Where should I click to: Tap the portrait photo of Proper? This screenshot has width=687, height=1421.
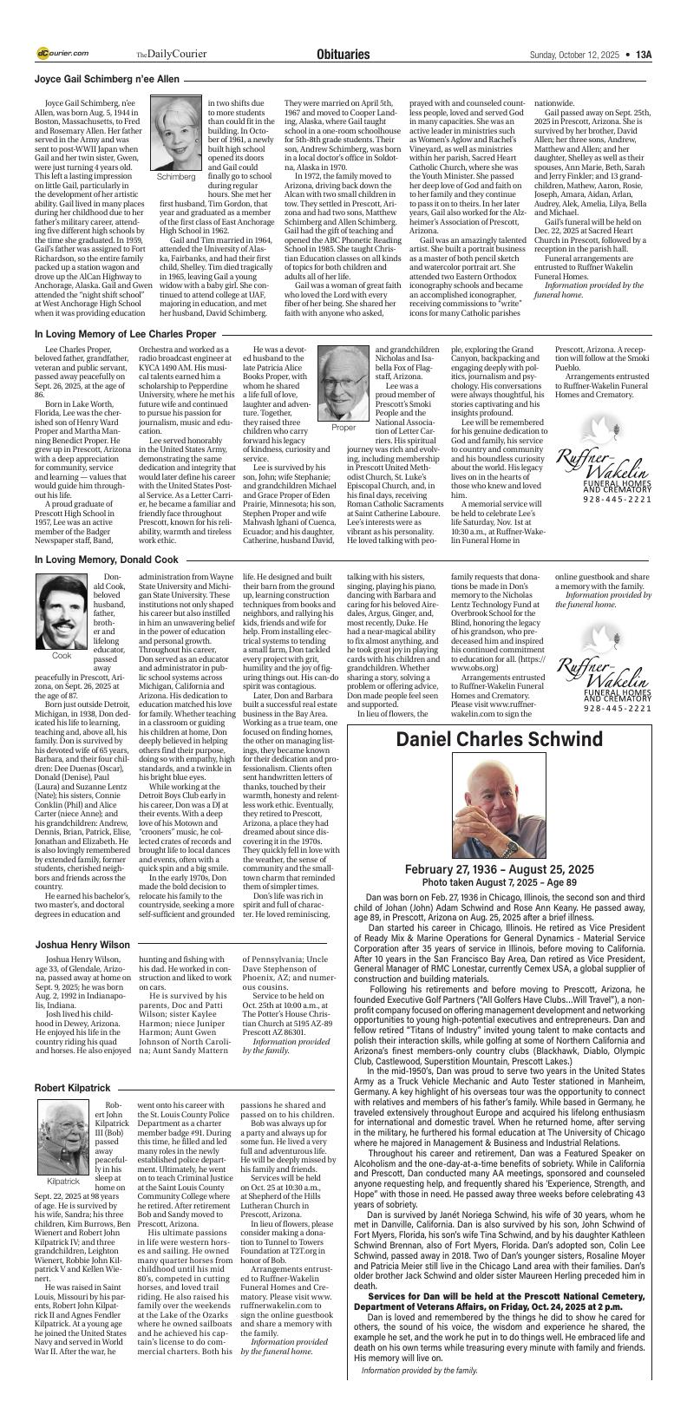[343, 383]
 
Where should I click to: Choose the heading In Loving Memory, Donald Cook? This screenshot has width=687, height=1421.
[106, 560]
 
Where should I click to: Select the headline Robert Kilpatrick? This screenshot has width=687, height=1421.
[72, 1087]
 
